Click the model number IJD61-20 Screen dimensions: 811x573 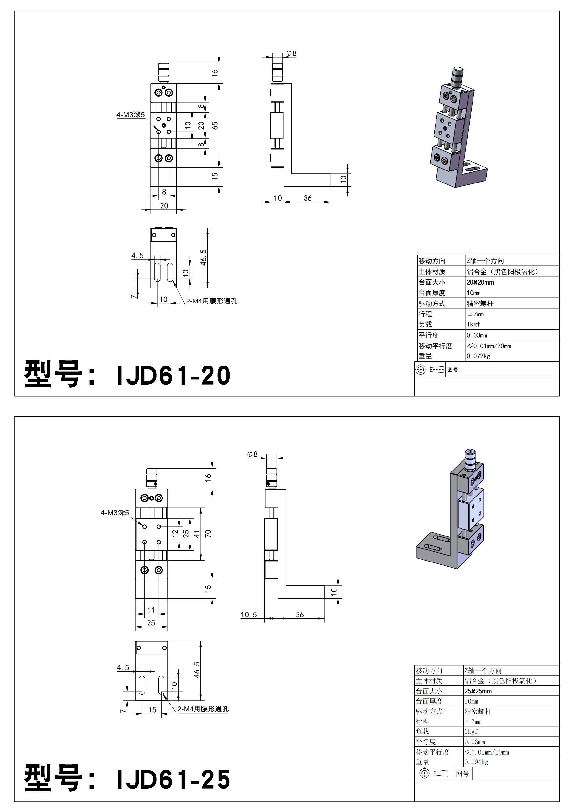coord(173,375)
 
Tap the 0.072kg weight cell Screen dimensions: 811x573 coord(478,356)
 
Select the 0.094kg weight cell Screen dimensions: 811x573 coord(476,762)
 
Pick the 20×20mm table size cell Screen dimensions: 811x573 coord(480,282)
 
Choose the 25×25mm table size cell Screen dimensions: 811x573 coord(478,691)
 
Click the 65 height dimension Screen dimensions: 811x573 coord(215,125)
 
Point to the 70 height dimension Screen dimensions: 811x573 coord(208,533)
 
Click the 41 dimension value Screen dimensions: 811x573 coord(197,534)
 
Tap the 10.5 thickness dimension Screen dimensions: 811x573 coord(249,615)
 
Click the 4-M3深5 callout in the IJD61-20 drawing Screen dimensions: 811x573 coord(131,115)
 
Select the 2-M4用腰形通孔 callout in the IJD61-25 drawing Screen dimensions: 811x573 coord(203,709)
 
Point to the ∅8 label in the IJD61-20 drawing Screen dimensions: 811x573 coord(291,53)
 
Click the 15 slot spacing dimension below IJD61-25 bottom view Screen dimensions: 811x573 coord(152,710)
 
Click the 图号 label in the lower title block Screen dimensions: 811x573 coord(462,773)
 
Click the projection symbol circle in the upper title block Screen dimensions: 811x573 coord(421,369)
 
